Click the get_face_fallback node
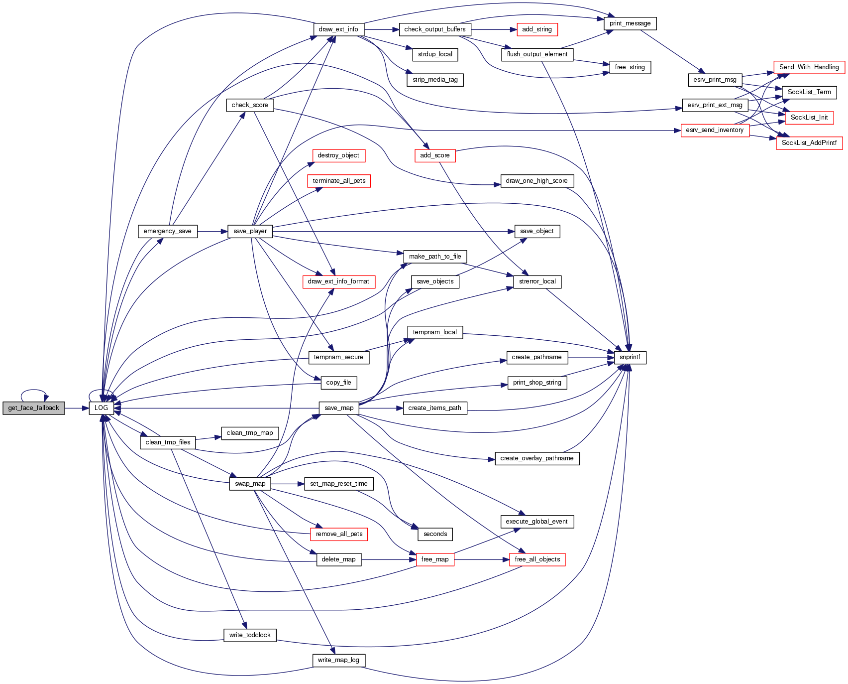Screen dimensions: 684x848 pos(33,408)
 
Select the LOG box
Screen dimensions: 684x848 pos(101,408)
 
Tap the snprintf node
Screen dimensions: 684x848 pos(630,357)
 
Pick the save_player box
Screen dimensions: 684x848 pos(250,231)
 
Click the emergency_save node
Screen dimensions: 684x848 pos(167,231)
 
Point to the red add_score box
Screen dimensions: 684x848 pos(434,155)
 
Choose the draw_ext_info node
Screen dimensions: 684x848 pos(338,29)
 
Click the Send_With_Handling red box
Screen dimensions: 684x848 pos(809,67)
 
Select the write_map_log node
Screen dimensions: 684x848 pos(338,660)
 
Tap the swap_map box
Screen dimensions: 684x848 pos(250,484)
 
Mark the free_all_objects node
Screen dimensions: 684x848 pos(537,559)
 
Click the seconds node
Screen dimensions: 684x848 pos(435,534)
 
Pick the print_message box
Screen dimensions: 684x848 pos(630,23)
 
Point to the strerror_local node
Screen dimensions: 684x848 pos(537,281)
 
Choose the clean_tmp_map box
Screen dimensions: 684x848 pos(250,433)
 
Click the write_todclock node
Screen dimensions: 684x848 pos(250,635)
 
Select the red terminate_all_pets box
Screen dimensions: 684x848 pos(339,181)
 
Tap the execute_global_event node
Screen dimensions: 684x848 pos(536,522)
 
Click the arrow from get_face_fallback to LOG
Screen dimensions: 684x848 pos(77,408)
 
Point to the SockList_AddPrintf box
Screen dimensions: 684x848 pos(809,143)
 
